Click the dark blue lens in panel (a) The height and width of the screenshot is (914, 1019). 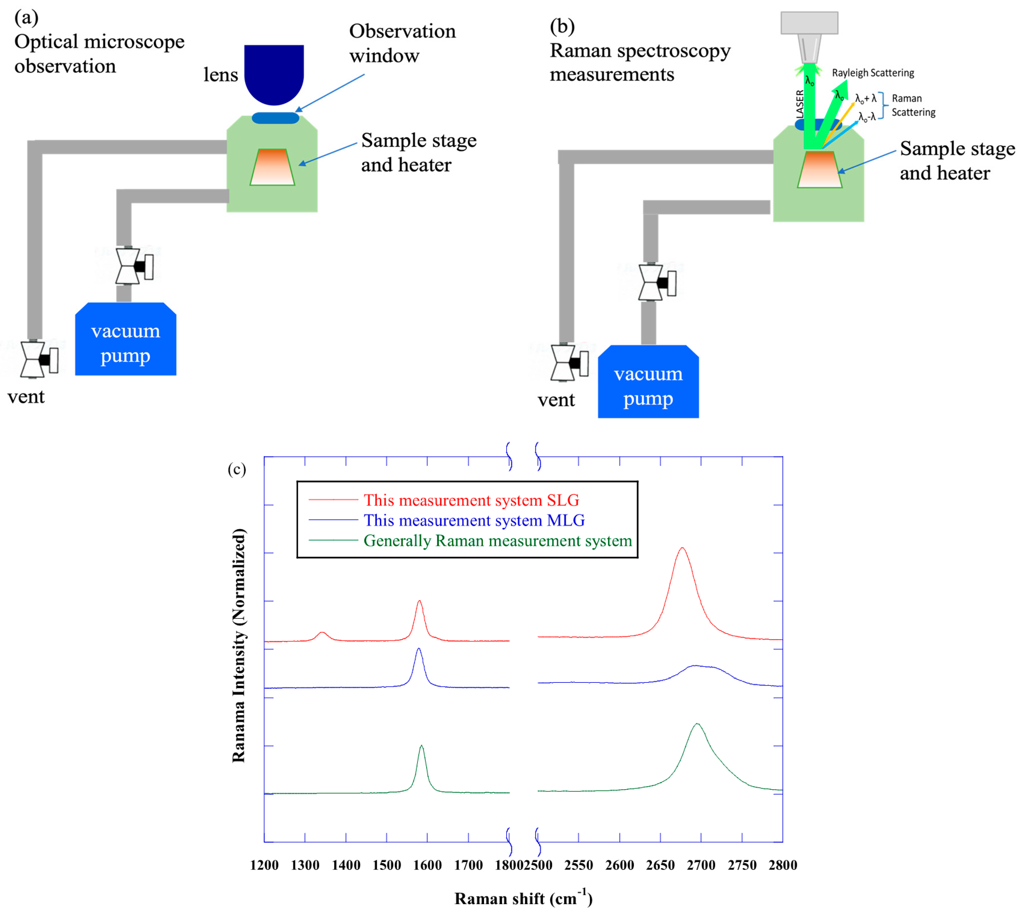point(274,73)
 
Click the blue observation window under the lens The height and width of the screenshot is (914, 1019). point(275,118)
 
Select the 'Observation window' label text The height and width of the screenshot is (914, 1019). point(402,43)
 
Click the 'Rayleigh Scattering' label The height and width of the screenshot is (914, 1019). point(873,73)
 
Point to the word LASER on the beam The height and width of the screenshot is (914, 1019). point(799,104)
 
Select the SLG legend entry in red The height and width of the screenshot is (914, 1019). point(471,500)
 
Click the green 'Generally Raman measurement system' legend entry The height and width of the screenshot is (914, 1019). point(497,541)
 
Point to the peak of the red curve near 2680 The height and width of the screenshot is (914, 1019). point(682,549)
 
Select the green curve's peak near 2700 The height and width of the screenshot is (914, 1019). point(697,724)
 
